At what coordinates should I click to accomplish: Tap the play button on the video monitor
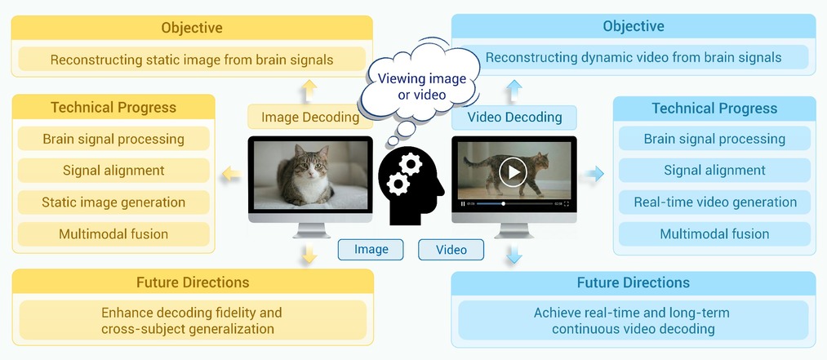coord(513,171)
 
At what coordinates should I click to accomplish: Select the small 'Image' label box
coord(371,249)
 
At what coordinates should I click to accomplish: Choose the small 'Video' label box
coord(451,249)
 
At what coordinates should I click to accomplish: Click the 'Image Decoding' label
coord(310,117)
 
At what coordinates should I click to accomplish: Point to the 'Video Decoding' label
coord(514,117)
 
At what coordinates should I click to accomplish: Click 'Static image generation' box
coord(113,202)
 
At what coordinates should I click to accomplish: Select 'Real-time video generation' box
coord(714,202)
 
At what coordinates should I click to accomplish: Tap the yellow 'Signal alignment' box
coord(113,171)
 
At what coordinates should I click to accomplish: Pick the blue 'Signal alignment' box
coord(714,171)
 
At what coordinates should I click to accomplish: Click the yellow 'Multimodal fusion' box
coord(113,234)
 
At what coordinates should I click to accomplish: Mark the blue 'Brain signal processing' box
coord(714,139)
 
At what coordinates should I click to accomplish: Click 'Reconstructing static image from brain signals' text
coord(192,60)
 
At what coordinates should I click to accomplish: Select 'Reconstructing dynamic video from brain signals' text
coord(634,57)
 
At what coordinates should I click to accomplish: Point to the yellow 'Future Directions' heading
coord(193,282)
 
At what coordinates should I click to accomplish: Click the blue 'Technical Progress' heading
coord(714,109)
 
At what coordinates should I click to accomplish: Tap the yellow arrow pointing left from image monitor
coord(232,174)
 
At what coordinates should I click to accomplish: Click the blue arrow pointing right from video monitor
coord(593,173)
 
